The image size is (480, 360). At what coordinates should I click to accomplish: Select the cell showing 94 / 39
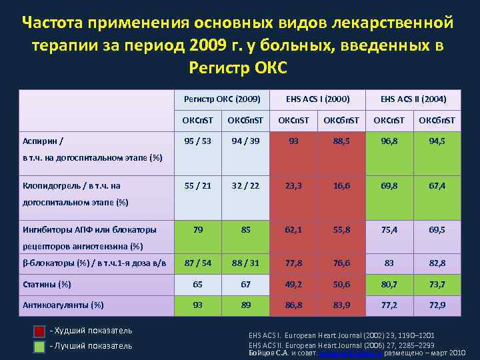(245, 141)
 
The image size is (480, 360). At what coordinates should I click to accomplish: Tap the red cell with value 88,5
(341, 141)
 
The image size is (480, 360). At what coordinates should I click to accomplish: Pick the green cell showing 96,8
(389, 141)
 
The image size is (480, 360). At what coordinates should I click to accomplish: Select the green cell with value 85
(245, 229)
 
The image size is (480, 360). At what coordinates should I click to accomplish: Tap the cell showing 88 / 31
(245, 263)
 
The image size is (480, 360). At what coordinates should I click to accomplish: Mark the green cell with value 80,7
(389, 284)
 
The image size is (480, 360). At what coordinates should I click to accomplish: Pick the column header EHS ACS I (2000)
(317, 99)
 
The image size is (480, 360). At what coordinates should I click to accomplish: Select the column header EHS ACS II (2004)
(413, 99)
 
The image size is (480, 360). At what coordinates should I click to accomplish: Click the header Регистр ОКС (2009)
(221, 99)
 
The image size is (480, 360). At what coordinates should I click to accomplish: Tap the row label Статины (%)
(47, 284)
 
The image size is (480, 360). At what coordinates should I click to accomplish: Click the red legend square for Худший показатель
(40, 331)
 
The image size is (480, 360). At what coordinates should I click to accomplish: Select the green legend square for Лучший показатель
(40, 346)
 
